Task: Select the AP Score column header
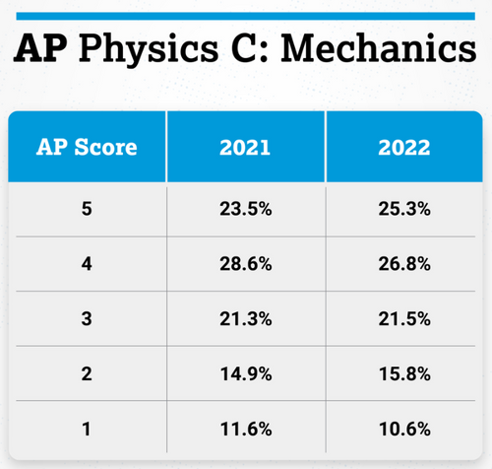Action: (87, 148)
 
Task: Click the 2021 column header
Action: (246, 148)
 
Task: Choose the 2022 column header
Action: (404, 148)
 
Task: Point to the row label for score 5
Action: (87, 210)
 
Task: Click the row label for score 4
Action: (87, 265)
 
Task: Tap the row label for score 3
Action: (87, 320)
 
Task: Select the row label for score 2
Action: (87, 375)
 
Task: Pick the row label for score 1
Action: (87, 431)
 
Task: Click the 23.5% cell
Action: (246, 210)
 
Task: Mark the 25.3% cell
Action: (404, 210)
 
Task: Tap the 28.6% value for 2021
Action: (246, 265)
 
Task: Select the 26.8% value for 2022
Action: (404, 265)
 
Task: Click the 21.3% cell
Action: (246, 320)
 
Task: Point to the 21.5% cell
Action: (404, 320)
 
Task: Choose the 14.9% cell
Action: (246, 375)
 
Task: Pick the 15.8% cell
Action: (404, 375)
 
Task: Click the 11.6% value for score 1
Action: (246, 431)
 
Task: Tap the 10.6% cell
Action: (404, 431)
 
